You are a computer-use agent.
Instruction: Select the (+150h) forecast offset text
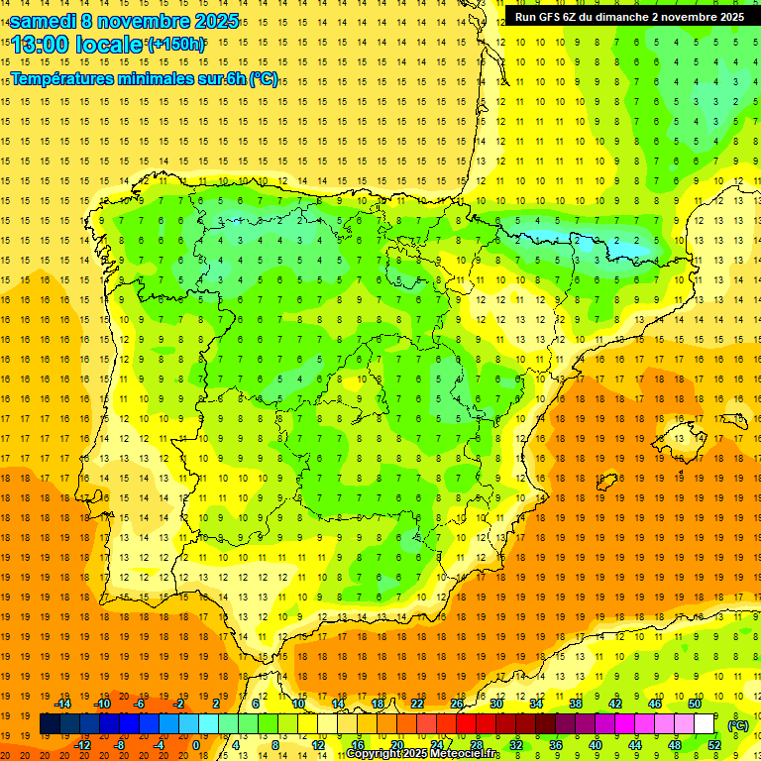tap(176, 45)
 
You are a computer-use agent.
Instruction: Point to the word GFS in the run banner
tap(555, 17)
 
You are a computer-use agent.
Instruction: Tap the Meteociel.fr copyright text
tap(423, 754)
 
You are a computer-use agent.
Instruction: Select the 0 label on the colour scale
tap(195, 745)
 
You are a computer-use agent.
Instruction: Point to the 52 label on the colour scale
tap(713, 745)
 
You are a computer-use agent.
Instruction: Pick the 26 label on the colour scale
tap(457, 704)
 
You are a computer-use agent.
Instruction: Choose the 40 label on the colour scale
tap(595, 745)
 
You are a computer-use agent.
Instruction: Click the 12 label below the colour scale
tap(317, 745)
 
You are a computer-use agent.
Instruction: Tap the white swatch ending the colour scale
tap(705, 724)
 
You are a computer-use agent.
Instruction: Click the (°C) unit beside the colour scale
tap(737, 725)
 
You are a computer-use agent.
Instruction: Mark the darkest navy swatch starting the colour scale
tap(50, 724)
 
